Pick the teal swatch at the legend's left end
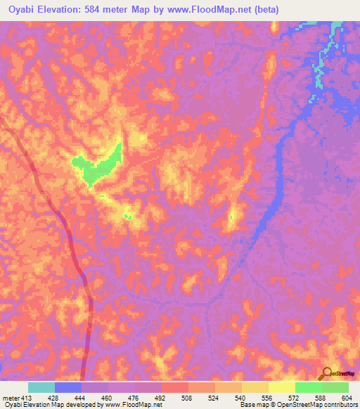click(41, 387)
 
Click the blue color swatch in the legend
click(68, 387)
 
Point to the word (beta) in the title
click(267, 10)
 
